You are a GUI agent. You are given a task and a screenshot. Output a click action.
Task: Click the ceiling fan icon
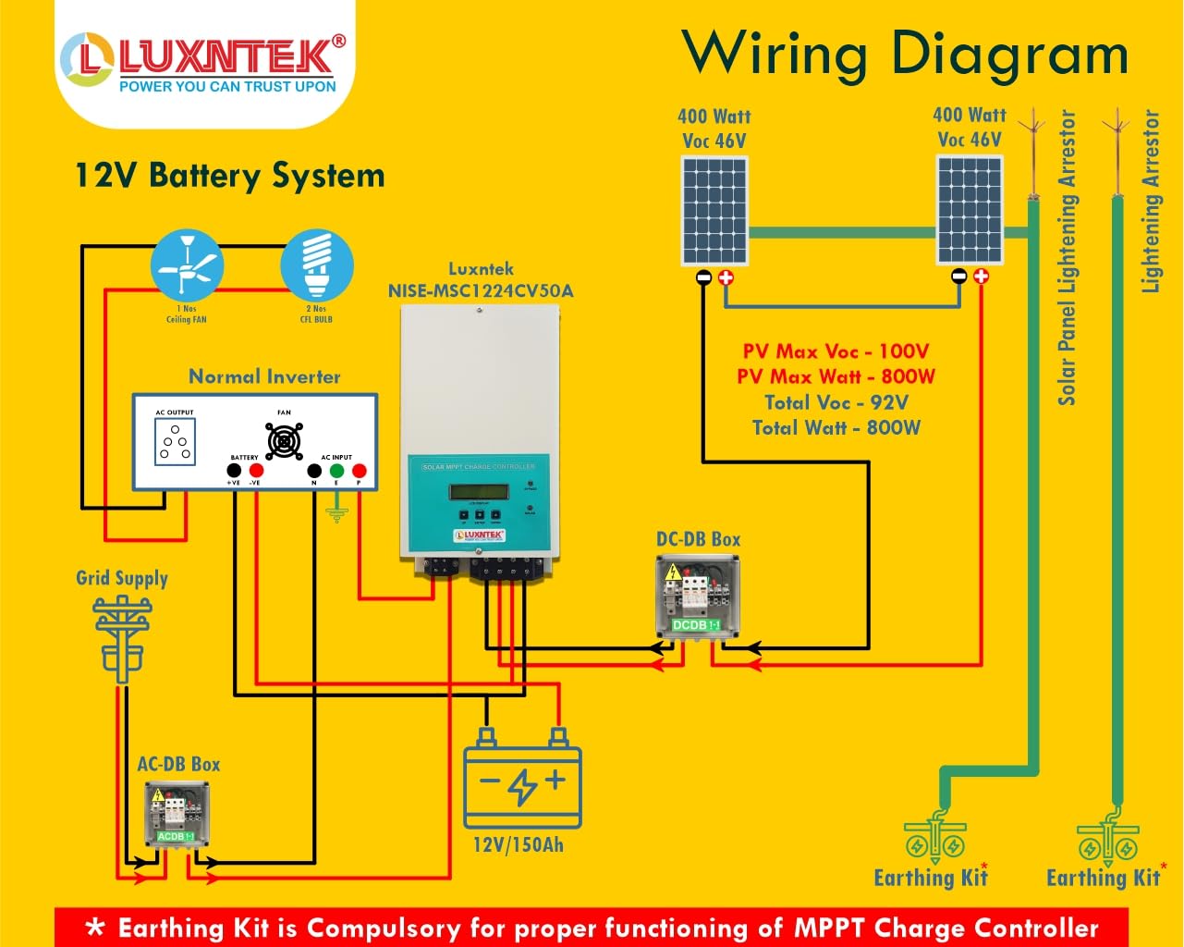187,265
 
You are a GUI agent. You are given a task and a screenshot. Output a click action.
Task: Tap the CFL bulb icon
316,265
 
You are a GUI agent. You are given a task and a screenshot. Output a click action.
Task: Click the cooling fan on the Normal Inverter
284,442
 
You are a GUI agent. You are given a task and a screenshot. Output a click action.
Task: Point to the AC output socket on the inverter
175,441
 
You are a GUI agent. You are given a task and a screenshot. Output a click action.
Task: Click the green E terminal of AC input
336,472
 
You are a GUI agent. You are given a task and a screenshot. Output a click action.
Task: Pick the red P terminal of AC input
360,472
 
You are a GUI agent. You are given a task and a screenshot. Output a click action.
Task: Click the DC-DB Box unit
698,596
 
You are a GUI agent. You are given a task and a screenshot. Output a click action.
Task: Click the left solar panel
714,211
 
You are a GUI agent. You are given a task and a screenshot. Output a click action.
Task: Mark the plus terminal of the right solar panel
981,277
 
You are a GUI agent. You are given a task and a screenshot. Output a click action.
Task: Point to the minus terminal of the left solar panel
703,277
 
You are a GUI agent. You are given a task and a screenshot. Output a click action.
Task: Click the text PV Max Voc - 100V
836,351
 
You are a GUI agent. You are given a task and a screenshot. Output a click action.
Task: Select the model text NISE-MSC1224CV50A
481,290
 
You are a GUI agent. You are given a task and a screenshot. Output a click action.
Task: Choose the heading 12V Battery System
229,176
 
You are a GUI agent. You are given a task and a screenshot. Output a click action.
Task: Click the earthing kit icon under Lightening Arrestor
1107,837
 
